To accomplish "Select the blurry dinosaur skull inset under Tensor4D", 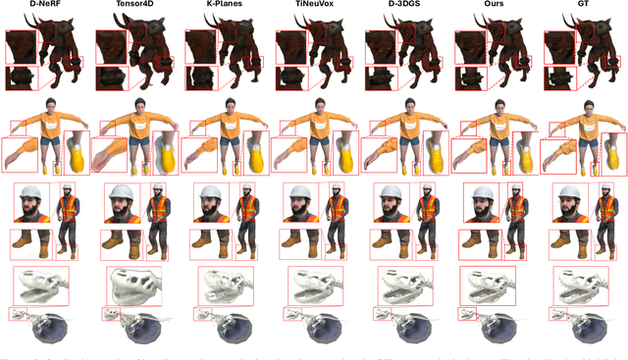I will point(132,285).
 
